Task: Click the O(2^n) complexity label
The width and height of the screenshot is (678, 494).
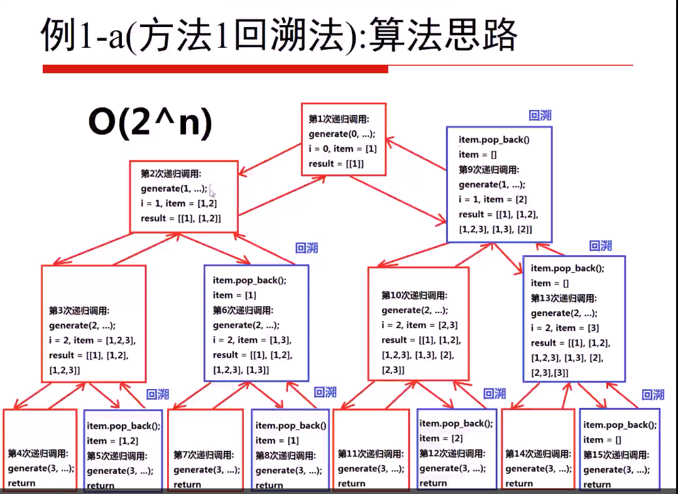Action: point(150,124)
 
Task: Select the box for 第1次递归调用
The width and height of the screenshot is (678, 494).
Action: point(343,140)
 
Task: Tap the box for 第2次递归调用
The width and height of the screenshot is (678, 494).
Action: point(184,196)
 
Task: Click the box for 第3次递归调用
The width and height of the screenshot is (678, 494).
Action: point(94,324)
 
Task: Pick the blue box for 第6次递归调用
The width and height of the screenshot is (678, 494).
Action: point(256,322)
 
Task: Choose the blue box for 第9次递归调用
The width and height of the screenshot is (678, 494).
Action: point(499,184)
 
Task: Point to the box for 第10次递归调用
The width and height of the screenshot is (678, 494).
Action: point(418,324)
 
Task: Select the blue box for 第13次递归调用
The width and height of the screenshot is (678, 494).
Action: point(574,319)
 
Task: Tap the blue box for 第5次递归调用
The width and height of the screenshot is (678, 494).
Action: point(123,450)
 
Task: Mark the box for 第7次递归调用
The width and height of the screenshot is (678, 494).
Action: point(205,449)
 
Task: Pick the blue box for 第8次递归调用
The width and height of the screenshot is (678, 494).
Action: point(291,449)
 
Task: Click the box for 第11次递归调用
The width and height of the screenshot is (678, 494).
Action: point(371,449)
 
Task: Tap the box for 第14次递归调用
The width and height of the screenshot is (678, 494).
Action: point(539,449)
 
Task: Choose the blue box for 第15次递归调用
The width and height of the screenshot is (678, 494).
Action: point(620,449)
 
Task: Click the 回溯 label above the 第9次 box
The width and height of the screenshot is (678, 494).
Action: point(540,116)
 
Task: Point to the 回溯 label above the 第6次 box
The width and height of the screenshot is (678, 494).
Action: point(307,248)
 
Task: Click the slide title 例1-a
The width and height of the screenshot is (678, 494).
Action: point(279,35)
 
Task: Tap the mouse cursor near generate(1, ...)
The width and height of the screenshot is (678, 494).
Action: point(212,192)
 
